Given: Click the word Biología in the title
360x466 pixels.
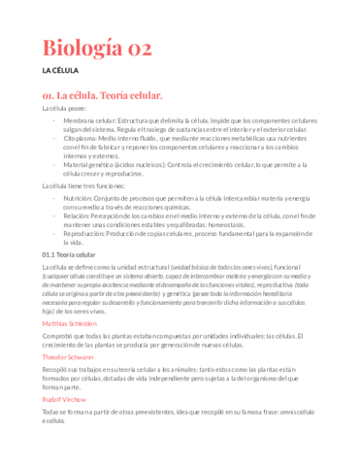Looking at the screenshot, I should click(x=87, y=46).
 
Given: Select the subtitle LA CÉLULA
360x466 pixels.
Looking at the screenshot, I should click(x=59, y=72).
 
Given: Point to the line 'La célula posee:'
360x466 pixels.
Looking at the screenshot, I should click(x=64, y=109).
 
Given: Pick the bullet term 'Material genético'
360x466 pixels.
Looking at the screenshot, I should click(x=93, y=164).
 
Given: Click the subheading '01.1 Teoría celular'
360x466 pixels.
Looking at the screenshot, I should click(x=70, y=254).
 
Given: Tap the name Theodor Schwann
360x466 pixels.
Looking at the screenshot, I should click(x=68, y=357).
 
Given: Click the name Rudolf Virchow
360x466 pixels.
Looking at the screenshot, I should click(x=64, y=399).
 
